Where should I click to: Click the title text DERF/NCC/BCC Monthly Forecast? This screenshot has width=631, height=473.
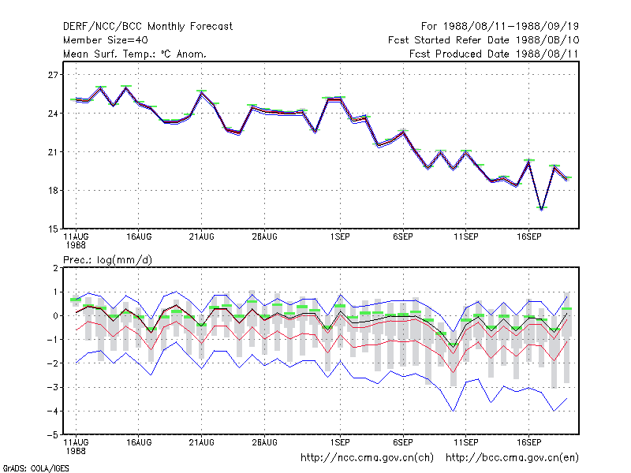147,27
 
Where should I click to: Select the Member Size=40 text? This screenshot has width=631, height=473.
106,40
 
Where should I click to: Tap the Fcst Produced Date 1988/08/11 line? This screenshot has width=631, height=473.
494,54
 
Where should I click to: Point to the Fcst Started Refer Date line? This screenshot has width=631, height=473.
484,40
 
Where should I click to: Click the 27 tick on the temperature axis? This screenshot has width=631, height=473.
53,75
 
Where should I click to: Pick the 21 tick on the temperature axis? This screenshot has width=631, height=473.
53,152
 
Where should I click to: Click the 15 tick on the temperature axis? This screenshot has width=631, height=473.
53,229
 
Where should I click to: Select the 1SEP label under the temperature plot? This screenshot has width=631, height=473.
340,237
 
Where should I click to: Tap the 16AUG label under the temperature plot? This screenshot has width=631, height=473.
139,237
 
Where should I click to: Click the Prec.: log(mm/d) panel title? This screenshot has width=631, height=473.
108,260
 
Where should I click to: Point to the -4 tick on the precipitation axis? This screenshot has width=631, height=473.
52,411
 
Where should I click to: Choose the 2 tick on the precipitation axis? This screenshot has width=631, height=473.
55,268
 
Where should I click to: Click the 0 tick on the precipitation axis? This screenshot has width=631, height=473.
55,316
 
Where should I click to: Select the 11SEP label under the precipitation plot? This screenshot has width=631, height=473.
466,443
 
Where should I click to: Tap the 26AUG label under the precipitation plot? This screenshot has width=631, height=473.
265,443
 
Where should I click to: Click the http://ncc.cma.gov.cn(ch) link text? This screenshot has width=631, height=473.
367,458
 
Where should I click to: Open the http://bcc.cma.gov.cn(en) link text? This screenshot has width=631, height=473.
512,458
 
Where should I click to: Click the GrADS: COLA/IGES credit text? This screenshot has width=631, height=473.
35,468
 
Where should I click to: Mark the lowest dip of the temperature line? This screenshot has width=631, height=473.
542,210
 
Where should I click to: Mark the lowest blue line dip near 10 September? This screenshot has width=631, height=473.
454,411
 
